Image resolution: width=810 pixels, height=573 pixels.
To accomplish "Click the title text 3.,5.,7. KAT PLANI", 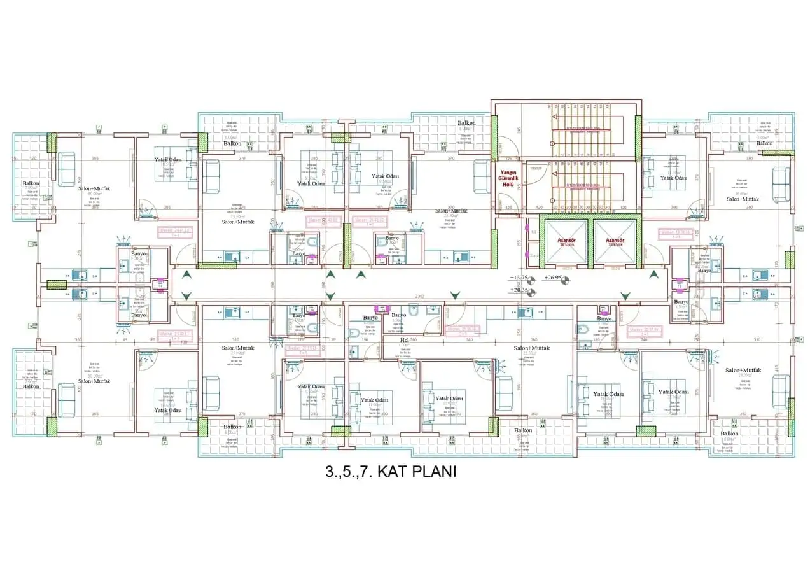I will (x=390, y=472).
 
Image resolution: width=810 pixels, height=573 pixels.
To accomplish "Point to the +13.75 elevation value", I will (x=519, y=278).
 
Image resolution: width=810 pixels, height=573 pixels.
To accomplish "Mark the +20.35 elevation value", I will (x=519, y=290).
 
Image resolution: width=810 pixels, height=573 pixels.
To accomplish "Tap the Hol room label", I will (x=404, y=340).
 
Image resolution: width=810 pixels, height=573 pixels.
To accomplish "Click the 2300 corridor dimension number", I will (x=419, y=296).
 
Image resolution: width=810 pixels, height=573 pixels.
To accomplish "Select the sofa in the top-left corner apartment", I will (x=67, y=169).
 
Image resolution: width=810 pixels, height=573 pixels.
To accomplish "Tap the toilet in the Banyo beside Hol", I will (x=412, y=313).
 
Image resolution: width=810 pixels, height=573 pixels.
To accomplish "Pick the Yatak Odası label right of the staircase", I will (x=673, y=178).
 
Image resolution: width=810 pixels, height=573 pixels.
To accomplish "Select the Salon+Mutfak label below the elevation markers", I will (x=531, y=348).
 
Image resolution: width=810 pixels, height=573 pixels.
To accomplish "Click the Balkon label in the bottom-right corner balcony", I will (x=729, y=434).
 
